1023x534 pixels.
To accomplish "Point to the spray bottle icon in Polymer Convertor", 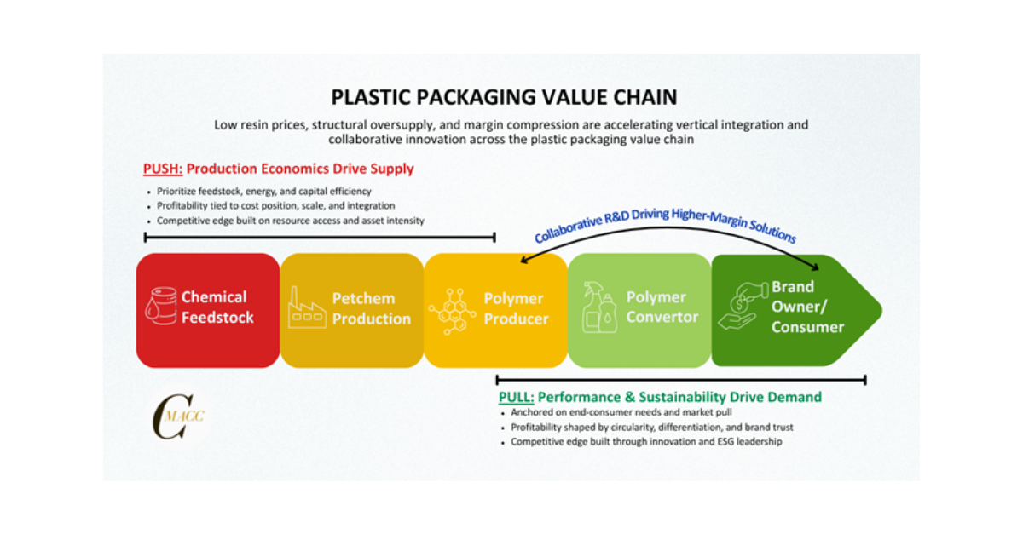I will (x=596, y=307).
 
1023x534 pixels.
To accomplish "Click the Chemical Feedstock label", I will (x=217, y=307).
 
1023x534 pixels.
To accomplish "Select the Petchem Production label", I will (x=371, y=308).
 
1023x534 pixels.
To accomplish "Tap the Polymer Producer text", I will (x=515, y=308).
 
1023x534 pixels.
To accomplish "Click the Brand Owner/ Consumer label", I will (x=806, y=307).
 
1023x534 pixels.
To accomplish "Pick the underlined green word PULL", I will (x=517, y=397).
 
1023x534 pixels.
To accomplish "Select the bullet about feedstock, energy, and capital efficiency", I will (x=261, y=191).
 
